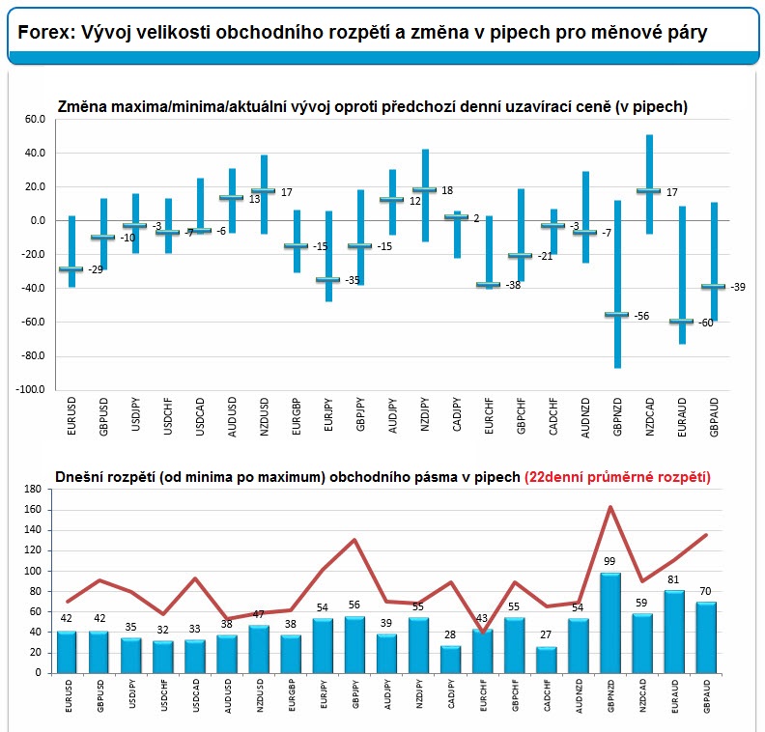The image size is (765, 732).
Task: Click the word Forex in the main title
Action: (x=44, y=32)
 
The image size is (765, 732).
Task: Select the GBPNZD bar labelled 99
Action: (x=609, y=623)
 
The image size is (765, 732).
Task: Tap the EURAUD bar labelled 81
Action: (x=674, y=632)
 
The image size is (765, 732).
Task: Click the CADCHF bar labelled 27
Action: (x=547, y=661)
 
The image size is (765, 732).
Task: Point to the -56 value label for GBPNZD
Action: (x=641, y=316)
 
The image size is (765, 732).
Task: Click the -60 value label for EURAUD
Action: (x=705, y=323)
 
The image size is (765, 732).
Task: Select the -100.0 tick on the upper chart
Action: (x=30, y=389)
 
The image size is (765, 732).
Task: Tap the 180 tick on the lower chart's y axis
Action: (x=32, y=489)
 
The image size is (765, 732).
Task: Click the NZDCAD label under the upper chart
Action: (x=649, y=417)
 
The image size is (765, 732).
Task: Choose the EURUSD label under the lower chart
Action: (x=69, y=696)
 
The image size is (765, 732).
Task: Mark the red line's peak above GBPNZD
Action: (x=610, y=507)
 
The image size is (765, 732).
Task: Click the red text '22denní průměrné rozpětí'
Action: (x=617, y=477)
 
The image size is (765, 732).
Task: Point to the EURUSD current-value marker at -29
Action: (x=71, y=268)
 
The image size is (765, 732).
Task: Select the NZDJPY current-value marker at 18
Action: (x=425, y=189)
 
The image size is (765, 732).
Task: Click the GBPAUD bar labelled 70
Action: (x=706, y=638)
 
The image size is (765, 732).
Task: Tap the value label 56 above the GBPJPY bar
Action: (x=354, y=605)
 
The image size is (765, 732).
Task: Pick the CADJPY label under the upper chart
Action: (x=457, y=414)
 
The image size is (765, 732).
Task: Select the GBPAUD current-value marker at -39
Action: (x=713, y=286)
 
